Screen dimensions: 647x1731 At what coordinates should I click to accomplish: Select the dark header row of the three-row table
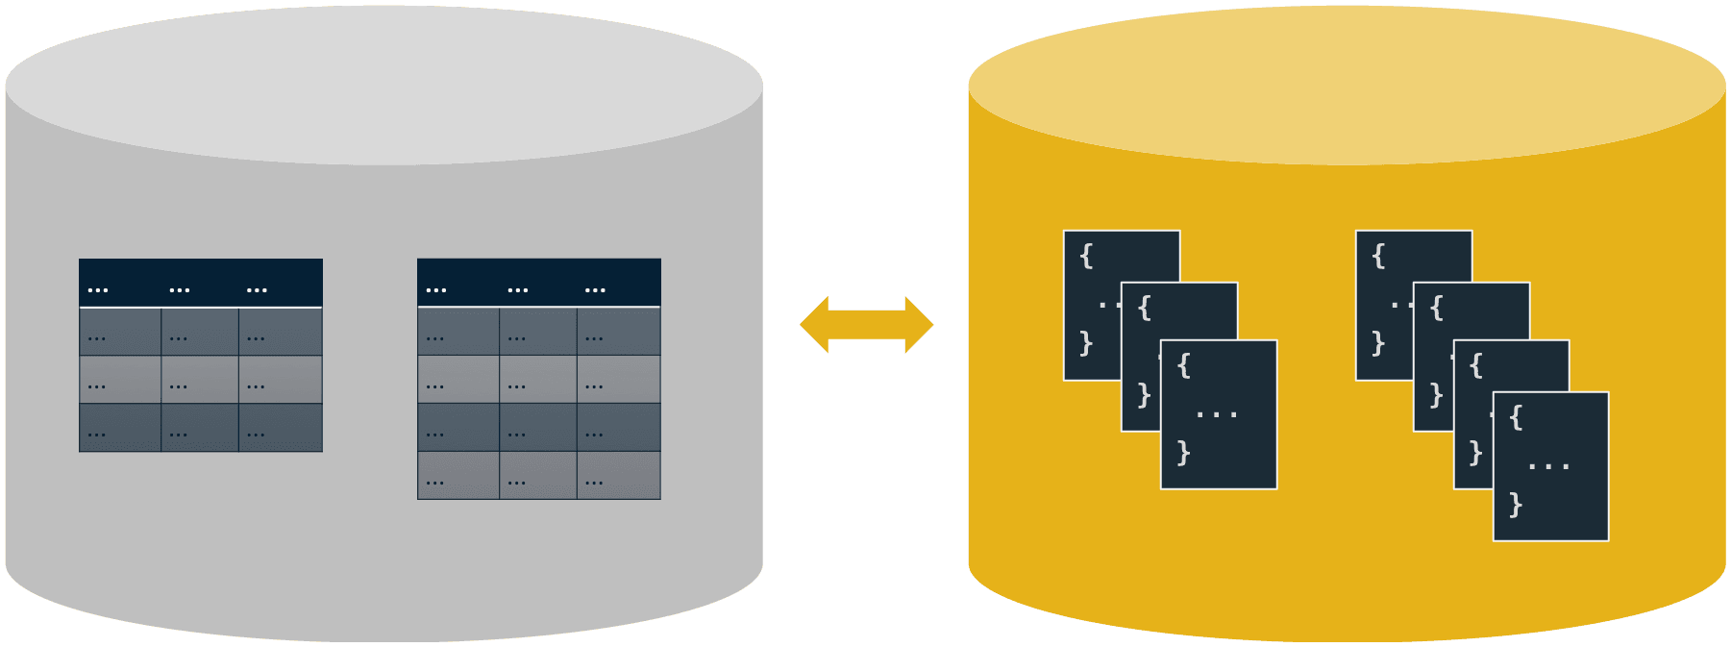coord(201,283)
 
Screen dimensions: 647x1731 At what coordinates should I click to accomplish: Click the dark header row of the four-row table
coord(539,283)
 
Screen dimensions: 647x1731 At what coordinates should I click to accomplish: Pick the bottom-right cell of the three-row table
coord(281,428)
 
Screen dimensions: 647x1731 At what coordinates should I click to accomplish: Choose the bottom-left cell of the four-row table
coord(458,476)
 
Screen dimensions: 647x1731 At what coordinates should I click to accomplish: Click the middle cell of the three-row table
coord(200,380)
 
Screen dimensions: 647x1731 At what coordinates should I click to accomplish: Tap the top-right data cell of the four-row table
coord(619,332)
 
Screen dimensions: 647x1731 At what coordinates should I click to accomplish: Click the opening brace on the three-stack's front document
coord(1184,365)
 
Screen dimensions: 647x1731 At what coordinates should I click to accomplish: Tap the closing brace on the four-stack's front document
coord(1516,504)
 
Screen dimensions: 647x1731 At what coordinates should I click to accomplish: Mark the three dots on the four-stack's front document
coord(1548,466)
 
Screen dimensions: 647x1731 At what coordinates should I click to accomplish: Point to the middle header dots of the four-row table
coord(517,289)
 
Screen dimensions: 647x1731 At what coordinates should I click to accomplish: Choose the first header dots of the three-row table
coord(98,289)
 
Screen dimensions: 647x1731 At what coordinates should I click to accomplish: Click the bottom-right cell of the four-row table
coord(619,476)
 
